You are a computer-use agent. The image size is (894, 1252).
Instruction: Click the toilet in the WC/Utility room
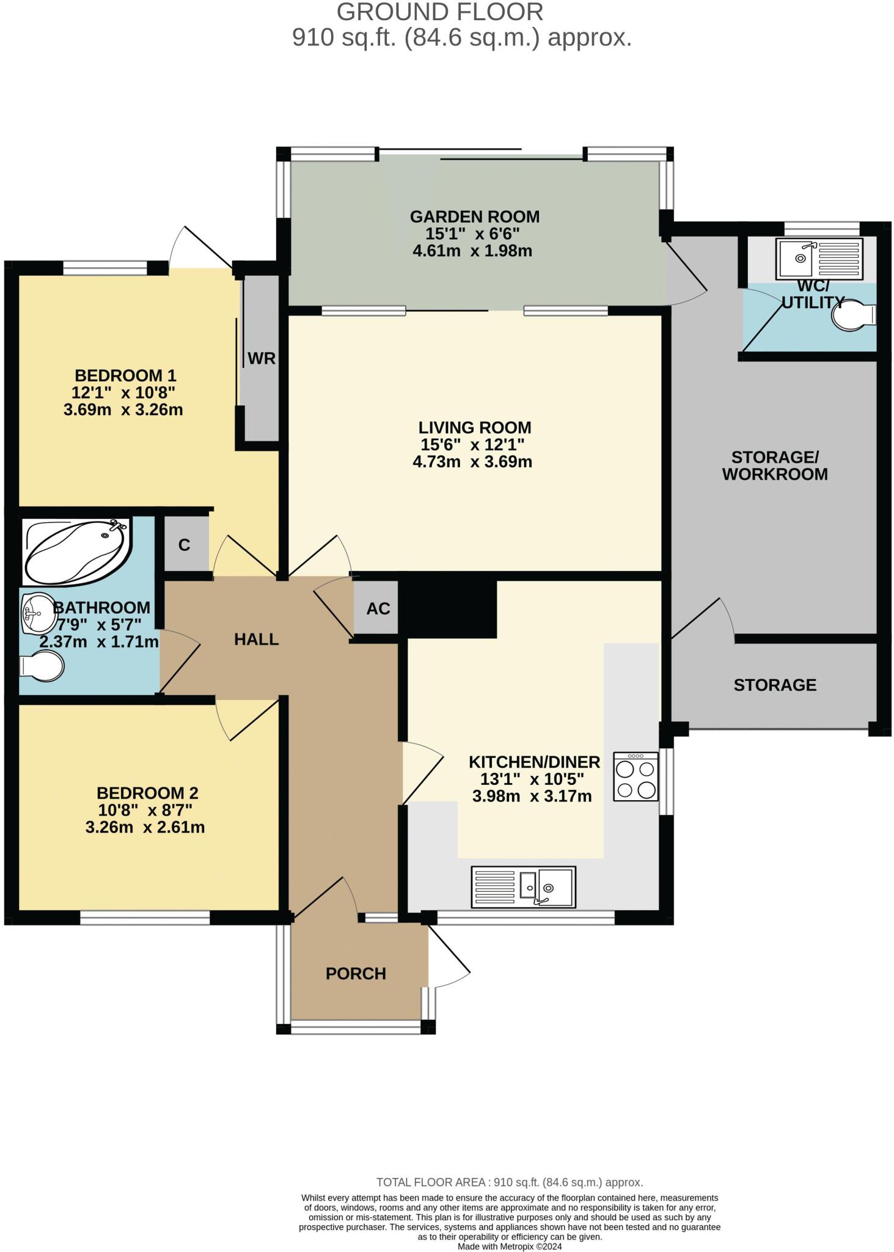click(x=856, y=316)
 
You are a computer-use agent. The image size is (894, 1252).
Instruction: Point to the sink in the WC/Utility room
click(x=819, y=258)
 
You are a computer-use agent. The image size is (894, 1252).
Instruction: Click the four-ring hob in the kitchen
click(x=636, y=776)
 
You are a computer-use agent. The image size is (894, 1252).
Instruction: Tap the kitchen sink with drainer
click(x=523, y=886)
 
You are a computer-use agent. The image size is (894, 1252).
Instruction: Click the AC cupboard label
click(x=378, y=608)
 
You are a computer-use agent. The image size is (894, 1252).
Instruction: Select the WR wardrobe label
click(x=262, y=358)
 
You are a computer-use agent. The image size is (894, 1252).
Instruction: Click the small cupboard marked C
click(x=184, y=545)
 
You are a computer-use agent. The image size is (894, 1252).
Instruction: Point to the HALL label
click(x=257, y=639)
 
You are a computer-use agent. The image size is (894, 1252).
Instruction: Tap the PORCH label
click(x=356, y=973)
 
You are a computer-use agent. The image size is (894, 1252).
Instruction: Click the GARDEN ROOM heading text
click(x=475, y=216)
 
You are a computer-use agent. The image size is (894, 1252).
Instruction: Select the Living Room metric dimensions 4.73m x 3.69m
click(x=472, y=462)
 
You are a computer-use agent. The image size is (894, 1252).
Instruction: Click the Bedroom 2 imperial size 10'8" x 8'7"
click(x=145, y=810)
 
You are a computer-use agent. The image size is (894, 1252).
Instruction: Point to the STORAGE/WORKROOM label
click(x=775, y=465)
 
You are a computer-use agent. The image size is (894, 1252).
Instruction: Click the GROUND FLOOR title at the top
click(x=440, y=12)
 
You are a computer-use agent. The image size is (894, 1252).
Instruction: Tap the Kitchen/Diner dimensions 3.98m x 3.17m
click(x=532, y=796)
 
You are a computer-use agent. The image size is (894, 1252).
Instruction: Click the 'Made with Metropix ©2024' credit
click(x=510, y=1246)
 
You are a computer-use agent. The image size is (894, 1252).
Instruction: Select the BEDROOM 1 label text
click(x=125, y=375)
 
